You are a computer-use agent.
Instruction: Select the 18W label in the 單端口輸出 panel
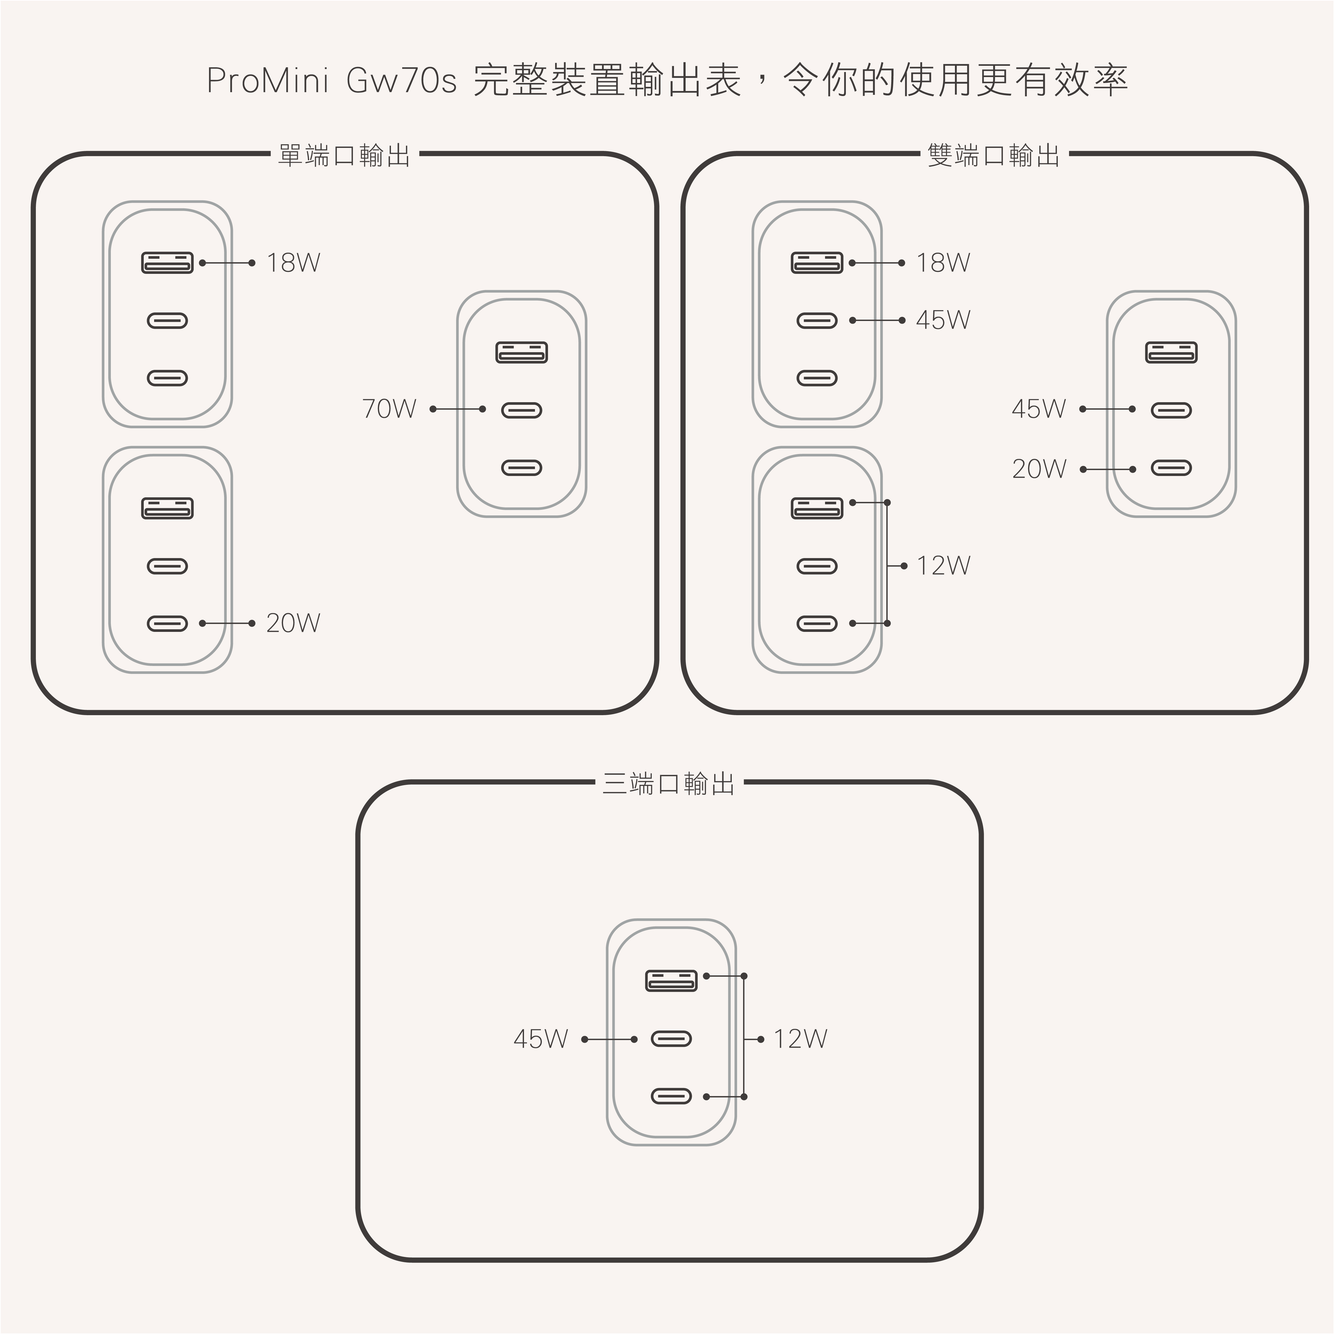(293, 263)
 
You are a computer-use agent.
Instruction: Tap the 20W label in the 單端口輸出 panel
(293, 624)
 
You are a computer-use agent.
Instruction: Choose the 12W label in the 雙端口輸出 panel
(943, 566)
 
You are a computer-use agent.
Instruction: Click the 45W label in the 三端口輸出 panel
(541, 1039)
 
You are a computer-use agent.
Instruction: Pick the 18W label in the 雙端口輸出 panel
(943, 263)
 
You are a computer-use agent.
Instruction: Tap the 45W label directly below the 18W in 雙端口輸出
(943, 320)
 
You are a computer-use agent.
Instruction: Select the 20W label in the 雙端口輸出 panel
(1039, 469)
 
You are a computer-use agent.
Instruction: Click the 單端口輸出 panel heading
(344, 155)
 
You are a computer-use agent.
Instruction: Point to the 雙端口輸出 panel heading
(993, 155)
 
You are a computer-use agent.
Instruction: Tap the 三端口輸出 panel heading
(668, 784)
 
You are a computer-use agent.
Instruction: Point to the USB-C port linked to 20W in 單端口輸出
(167, 624)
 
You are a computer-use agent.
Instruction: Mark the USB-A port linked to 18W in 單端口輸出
(167, 263)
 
